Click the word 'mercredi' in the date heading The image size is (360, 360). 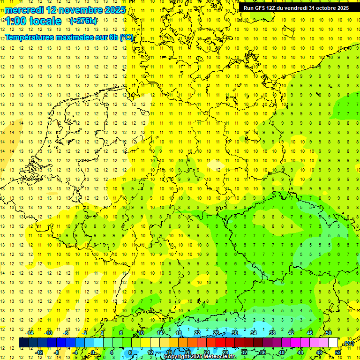(x=24, y=10)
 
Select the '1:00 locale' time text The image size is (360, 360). (x=33, y=21)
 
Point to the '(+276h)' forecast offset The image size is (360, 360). (x=83, y=21)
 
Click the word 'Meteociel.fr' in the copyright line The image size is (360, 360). (x=220, y=357)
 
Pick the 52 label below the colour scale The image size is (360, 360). (x=338, y=352)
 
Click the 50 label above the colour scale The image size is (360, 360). (x=329, y=333)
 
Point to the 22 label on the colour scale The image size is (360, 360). (x=197, y=333)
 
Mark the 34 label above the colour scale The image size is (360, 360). (x=254, y=333)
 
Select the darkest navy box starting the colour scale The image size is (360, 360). (x=23, y=343)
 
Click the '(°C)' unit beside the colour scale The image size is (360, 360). (x=348, y=343)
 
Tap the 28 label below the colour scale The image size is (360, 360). (x=225, y=352)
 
